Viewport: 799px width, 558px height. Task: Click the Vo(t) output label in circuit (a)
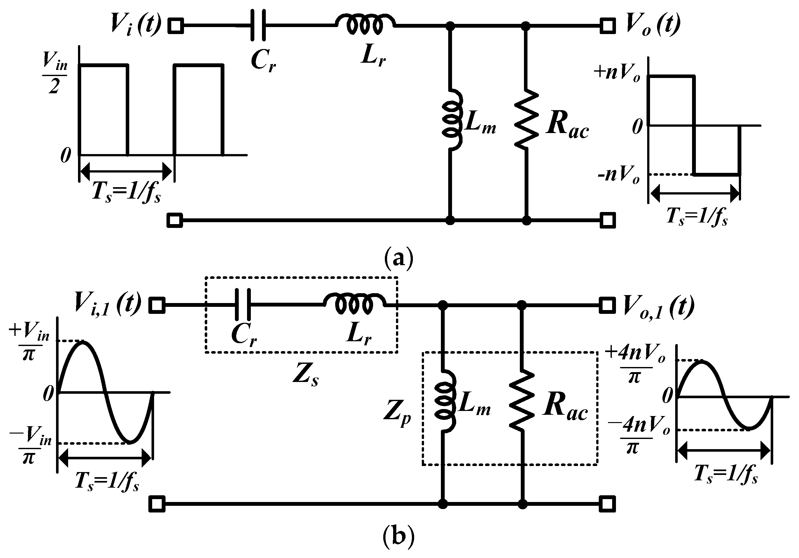[x=653, y=25]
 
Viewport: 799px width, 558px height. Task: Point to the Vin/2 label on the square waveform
[x=55, y=73]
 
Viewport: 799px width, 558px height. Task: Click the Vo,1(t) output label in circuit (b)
[x=658, y=306]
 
